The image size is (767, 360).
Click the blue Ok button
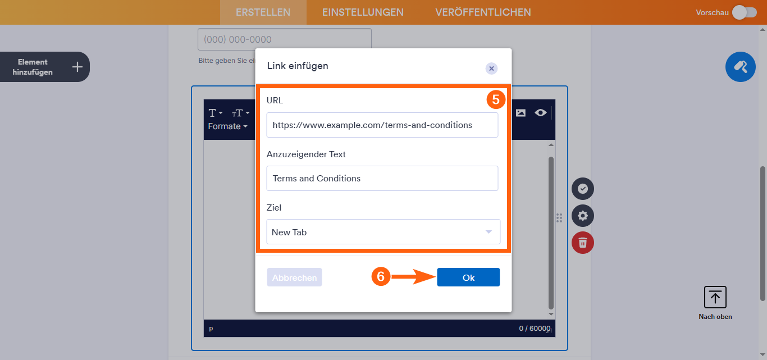(x=468, y=277)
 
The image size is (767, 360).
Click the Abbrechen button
(x=294, y=277)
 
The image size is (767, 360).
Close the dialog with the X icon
(x=491, y=69)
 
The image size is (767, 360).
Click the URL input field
(x=382, y=125)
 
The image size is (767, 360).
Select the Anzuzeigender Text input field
(x=382, y=179)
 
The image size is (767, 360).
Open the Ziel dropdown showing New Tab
(x=383, y=232)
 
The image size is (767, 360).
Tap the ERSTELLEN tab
(x=263, y=12)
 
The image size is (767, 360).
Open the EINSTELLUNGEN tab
(x=363, y=12)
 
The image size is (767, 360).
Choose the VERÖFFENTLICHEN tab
(x=483, y=12)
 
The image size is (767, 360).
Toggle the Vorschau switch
(x=744, y=12)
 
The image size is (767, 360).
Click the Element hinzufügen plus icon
(x=77, y=67)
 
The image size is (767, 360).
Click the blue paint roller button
(x=740, y=67)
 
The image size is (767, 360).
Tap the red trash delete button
(x=583, y=243)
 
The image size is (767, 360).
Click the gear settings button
(x=583, y=216)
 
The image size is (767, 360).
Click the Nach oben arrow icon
(x=715, y=297)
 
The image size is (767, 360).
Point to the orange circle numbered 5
(x=496, y=99)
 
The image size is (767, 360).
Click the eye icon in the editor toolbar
(x=540, y=113)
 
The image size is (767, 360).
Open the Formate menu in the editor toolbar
(x=227, y=126)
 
